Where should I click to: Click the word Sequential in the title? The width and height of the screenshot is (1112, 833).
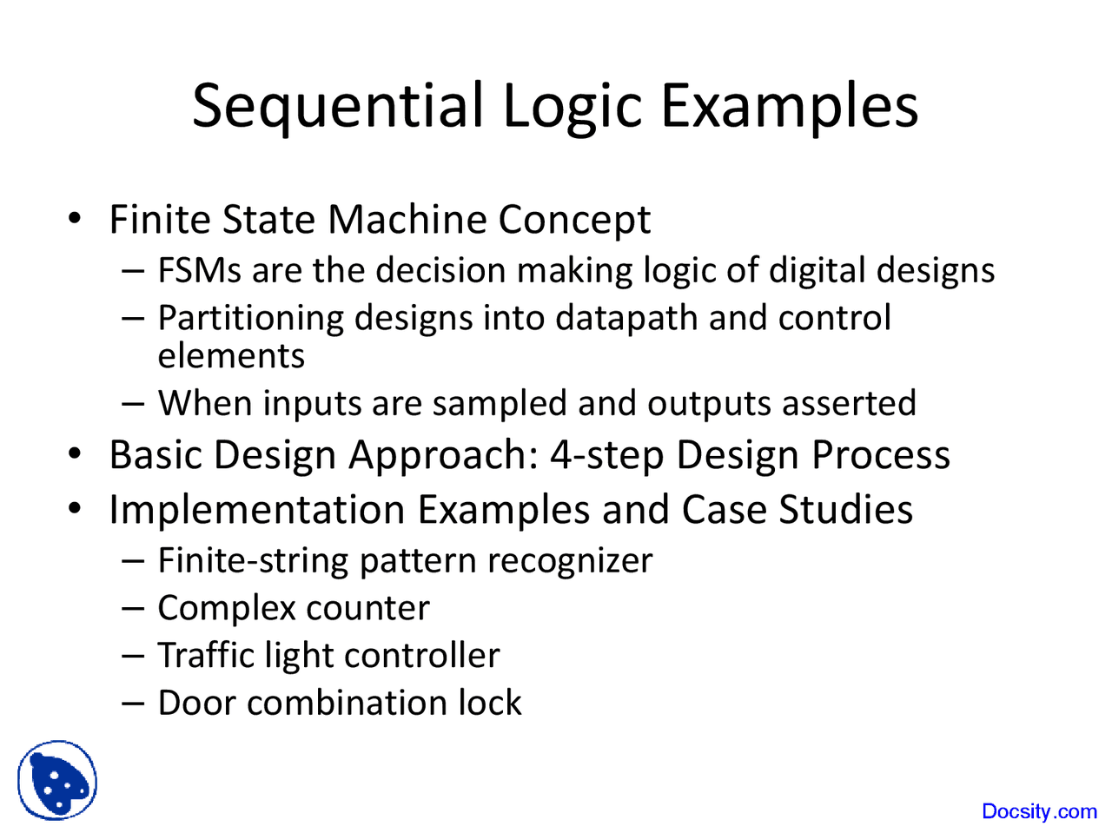[x=338, y=108]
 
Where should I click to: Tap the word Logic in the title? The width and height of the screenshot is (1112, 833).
[x=572, y=108]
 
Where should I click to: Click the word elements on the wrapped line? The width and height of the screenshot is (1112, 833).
[x=231, y=355]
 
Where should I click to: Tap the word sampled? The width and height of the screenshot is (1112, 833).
[x=500, y=404]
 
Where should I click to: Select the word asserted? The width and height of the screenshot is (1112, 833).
[x=849, y=404]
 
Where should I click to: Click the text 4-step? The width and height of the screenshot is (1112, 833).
[x=607, y=456]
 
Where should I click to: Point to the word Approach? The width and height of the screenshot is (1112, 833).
[x=444, y=456]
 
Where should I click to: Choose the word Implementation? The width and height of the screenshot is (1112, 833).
[x=257, y=509]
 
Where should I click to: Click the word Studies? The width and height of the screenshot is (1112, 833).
[x=845, y=509]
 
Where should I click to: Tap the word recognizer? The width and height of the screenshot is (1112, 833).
[x=570, y=562]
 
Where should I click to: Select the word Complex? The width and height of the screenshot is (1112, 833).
[x=227, y=608]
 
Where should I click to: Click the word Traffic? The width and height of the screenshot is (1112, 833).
[x=206, y=655]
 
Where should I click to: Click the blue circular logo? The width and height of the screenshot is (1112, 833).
[x=57, y=780]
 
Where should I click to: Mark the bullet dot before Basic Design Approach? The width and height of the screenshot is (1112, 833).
[x=75, y=453]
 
